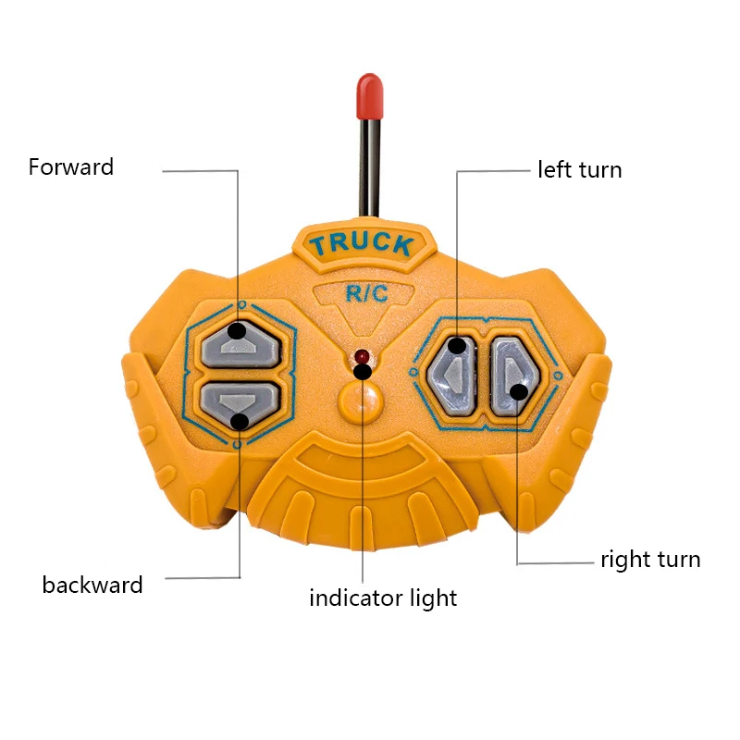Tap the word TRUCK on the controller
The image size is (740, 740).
[361, 245]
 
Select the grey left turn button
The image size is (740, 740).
[451, 373]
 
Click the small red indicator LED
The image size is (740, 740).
[362, 356]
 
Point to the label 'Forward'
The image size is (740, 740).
[71, 167]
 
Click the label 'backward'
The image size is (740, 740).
[92, 585]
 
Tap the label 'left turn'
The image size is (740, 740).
[580, 170]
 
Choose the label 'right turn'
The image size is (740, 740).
[650, 560]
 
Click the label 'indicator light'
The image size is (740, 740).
[383, 598]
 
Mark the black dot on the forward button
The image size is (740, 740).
[238, 329]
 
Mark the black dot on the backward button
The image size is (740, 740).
[240, 421]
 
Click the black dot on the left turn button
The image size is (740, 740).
[458, 346]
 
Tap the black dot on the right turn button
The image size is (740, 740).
[519, 392]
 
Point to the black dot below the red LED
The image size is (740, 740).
[364, 372]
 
